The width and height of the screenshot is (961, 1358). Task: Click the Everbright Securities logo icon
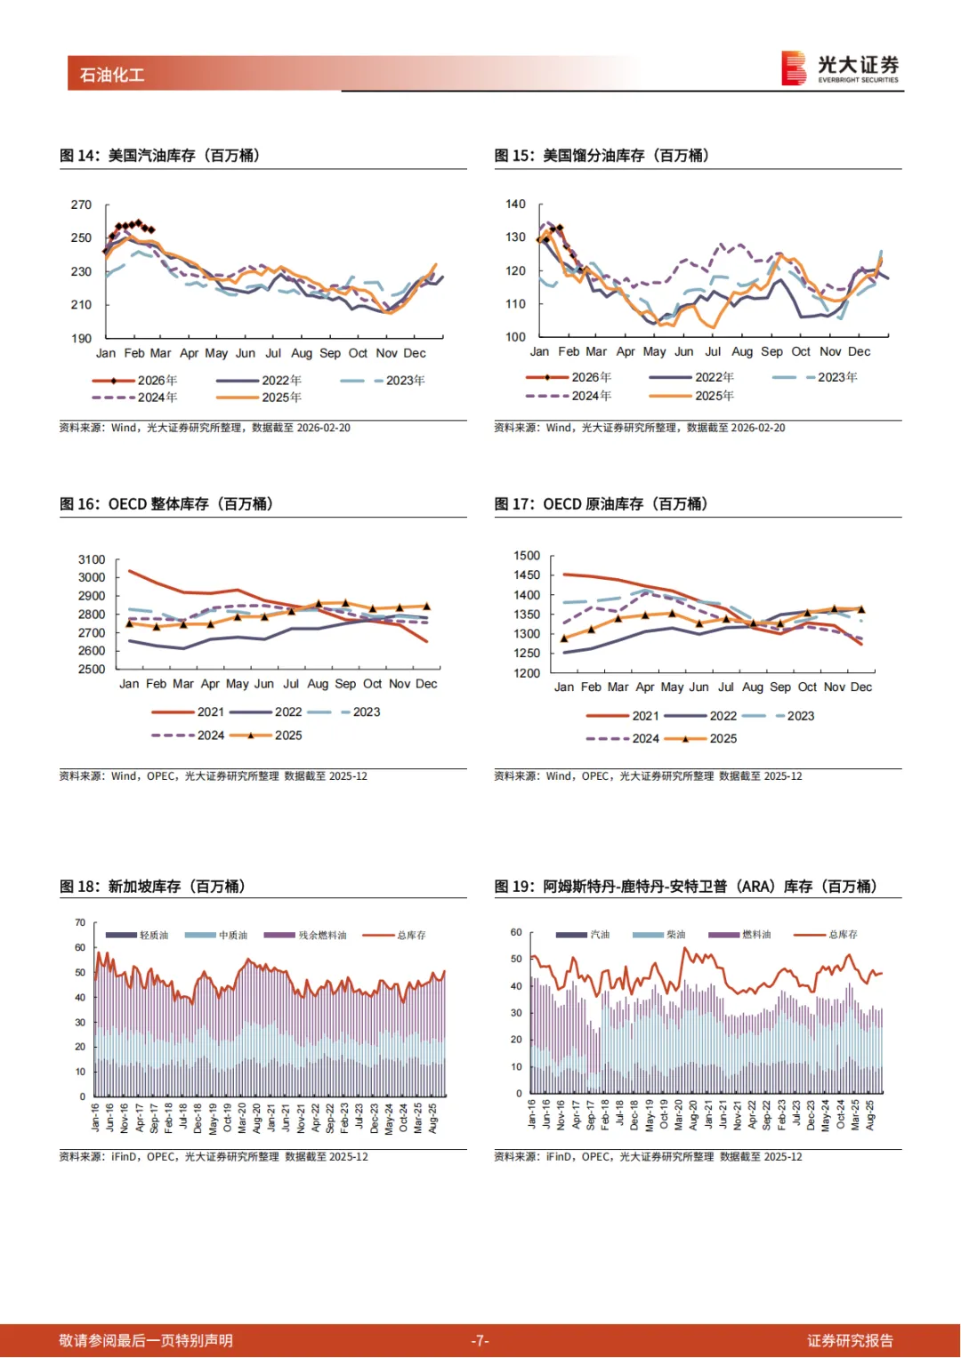793,68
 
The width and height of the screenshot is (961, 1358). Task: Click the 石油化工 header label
112,75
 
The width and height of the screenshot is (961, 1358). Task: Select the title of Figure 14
160,156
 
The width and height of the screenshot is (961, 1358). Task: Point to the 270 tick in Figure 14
81,205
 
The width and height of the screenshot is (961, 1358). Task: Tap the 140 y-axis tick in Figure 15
515,204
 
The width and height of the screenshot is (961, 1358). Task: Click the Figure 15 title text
602,156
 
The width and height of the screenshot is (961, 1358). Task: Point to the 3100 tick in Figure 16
92,559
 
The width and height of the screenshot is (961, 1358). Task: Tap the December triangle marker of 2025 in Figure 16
426,607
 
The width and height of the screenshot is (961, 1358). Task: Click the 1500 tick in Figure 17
527,555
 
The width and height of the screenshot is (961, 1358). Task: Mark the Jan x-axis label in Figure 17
564,687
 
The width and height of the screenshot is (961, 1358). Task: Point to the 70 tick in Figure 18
80,922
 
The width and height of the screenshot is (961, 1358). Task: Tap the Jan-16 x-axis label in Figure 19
532,1114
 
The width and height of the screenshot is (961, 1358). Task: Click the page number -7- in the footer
480,1340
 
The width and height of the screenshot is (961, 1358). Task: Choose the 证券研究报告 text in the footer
850,1340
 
